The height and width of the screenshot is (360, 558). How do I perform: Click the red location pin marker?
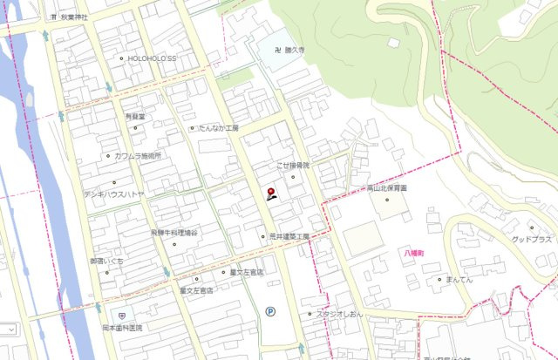(x=270, y=193)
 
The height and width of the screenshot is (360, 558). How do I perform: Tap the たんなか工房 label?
(x=218, y=128)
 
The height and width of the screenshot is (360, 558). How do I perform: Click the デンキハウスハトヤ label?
(x=113, y=194)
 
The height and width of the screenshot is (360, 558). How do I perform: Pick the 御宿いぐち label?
(x=106, y=261)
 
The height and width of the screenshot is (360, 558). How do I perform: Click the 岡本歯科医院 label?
(x=121, y=328)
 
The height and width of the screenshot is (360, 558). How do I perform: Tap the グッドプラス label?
(x=531, y=240)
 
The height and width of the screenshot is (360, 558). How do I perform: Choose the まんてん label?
(x=459, y=280)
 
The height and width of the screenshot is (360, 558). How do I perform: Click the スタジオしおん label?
(x=338, y=314)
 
